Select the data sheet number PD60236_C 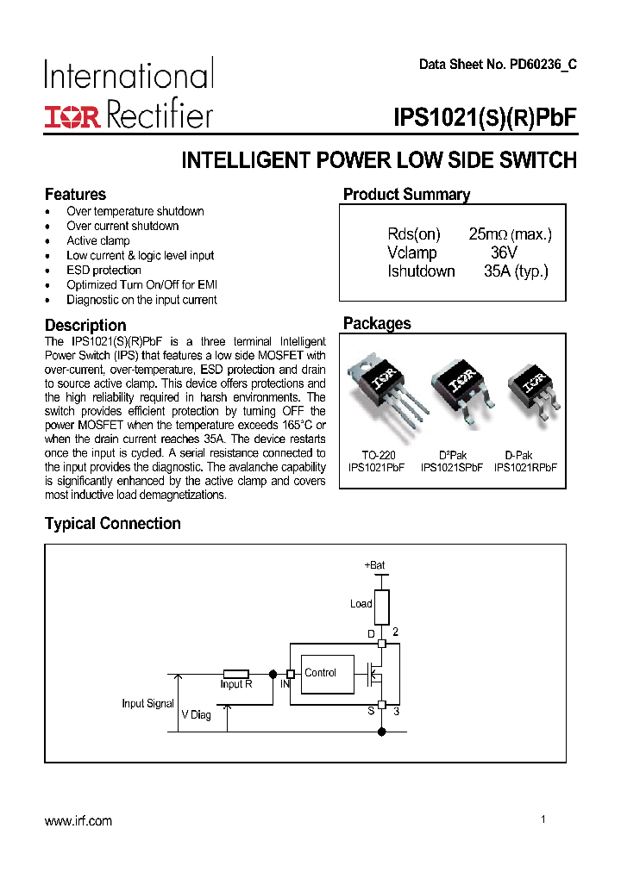[x=498, y=65]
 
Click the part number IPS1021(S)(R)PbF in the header [x=485, y=118]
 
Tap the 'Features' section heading [x=75, y=194]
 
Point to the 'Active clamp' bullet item [x=97, y=240]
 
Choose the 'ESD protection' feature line [x=103, y=270]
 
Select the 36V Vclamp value [x=503, y=252]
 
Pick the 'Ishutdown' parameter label [x=421, y=271]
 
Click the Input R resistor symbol [x=236, y=674]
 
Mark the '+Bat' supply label [x=374, y=565]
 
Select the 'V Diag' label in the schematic [x=196, y=715]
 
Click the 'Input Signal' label [x=147, y=703]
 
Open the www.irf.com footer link [x=78, y=821]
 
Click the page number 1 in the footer [x=543, y=819]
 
